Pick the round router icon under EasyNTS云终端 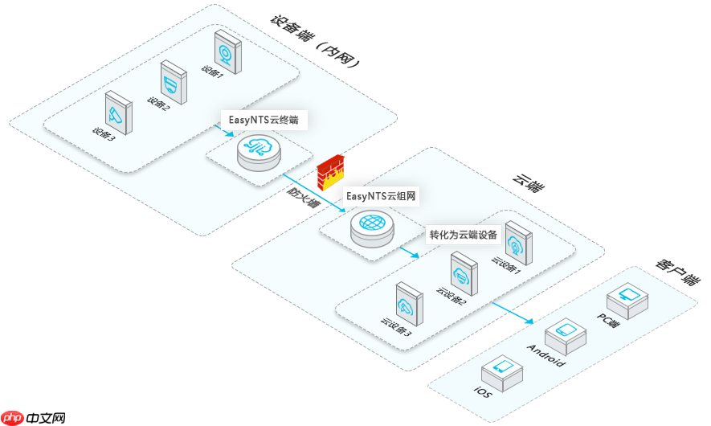point(259,152)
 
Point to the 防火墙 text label point(304,197)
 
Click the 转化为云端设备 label point(464,236)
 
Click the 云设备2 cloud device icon point(464,274)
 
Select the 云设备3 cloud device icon point(408,304)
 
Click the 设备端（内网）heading point(313,41)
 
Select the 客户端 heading point(676,272)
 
